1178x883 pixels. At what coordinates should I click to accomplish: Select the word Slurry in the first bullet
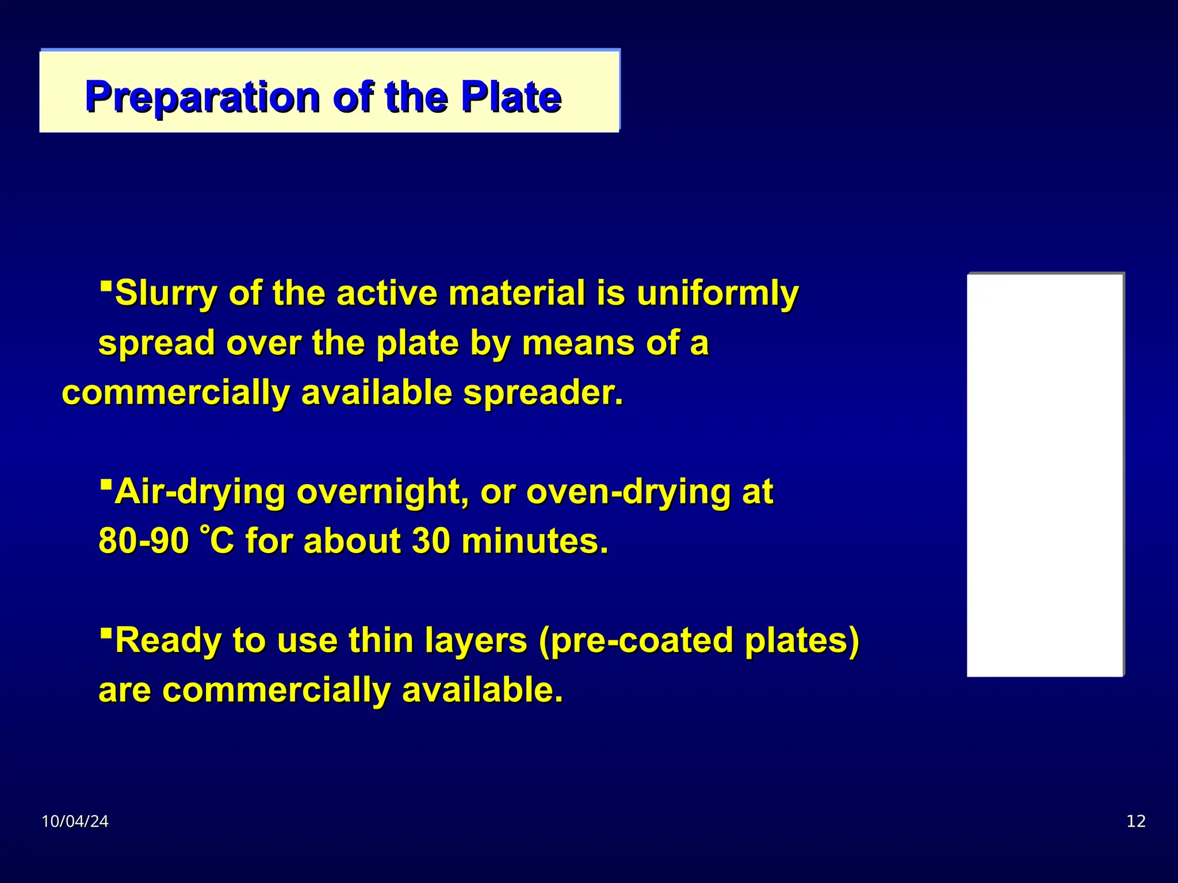click(x=166, y=294)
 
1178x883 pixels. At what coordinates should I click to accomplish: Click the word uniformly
click(x=717, y=294)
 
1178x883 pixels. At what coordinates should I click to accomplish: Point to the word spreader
click(x=543, y=393)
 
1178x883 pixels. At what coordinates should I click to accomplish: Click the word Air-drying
click(x=200, y=493)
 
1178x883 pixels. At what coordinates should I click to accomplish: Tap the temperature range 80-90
click(x=143, y=542)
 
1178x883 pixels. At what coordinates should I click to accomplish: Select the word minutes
click(x=534, y=542)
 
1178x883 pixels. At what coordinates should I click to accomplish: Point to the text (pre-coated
click(x=636, y=640)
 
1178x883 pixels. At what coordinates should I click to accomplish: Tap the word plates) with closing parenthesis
click(x=802, y=640)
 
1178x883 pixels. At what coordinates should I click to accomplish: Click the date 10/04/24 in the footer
click(x=75, y=821)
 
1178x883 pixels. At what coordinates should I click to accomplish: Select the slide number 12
click(x=1136, y=821)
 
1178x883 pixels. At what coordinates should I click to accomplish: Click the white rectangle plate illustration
click(x=1045, y=475)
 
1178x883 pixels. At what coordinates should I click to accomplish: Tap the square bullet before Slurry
click(x=105, y=285)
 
